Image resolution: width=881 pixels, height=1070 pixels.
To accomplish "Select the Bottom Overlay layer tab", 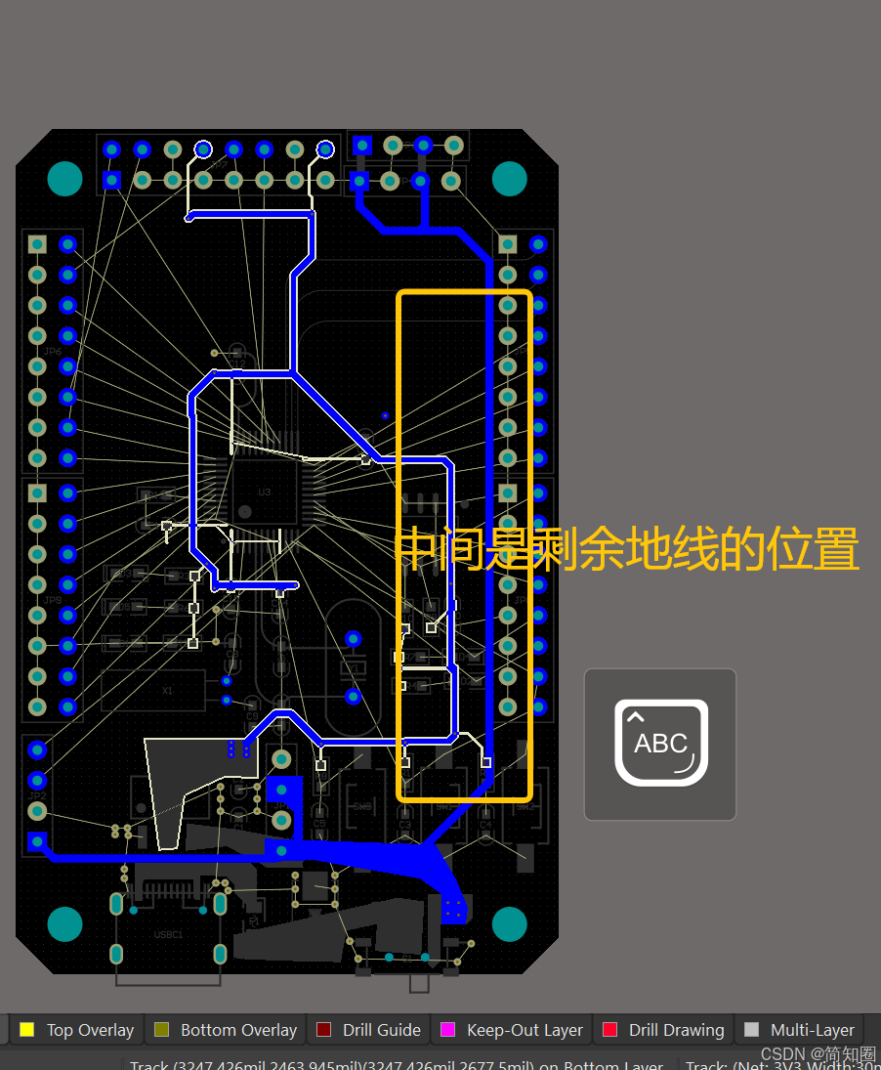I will click(238, 1030).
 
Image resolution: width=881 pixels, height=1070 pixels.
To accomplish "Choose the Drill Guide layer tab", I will click(381, 1030).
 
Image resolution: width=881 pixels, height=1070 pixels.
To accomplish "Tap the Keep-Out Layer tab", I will click(524, 1030).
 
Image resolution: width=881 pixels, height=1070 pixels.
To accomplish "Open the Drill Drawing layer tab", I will click(676, 1030).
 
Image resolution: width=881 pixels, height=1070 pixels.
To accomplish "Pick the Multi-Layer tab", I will click(812, 1030).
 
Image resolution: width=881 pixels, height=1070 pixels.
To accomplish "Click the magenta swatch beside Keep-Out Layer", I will click(448, 1029).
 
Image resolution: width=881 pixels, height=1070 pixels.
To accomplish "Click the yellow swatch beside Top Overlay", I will click(27, 1029).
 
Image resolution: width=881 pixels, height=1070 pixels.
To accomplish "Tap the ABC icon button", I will click(660, 744).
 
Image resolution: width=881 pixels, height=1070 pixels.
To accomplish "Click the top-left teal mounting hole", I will click(65, 179).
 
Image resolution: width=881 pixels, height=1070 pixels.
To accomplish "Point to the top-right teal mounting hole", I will click(509, 179).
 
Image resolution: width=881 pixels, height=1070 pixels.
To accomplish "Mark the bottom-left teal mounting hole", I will click(65, 923).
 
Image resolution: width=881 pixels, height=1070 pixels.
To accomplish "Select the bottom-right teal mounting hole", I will click(509, 923).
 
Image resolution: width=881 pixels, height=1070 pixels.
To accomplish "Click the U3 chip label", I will click(264, 492).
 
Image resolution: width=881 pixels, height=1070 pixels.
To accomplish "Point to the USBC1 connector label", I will click(168, 934).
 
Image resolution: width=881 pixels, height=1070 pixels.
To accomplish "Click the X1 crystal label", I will click(167, 690).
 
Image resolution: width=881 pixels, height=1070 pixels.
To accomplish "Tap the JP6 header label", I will click(53, 351).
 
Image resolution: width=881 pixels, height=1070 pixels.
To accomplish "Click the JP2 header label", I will click(37, 795).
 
